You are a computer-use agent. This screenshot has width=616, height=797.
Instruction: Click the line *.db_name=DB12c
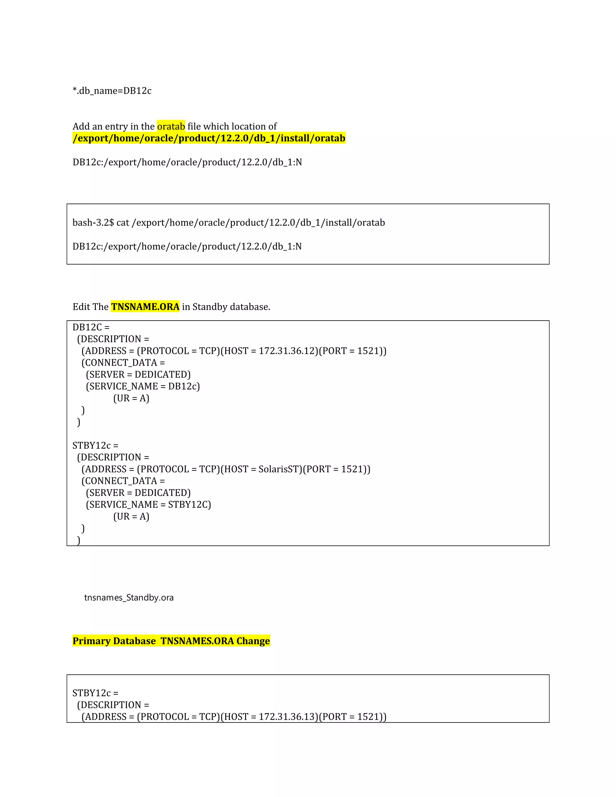pyautogui.click(x=112, y=91)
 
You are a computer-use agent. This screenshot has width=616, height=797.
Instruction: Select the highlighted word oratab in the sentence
pyautogui.click(x=171, y=126)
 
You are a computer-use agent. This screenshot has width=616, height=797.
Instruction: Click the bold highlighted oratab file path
pyautogui.click(x=209, y=138)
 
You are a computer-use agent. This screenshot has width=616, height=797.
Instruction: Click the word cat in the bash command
pyautogui.click(x=123, y=223)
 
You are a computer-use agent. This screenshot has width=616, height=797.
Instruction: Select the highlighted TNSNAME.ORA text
pyautogui.click(x=145, y=306)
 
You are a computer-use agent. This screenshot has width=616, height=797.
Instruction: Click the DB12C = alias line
pyautogui.click(x=91, y=327)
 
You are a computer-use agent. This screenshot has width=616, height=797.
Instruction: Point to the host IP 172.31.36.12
pyautogui.click(x=288, y=351)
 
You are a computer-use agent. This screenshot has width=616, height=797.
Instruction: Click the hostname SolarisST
pyautogui.click(x=280, y=469)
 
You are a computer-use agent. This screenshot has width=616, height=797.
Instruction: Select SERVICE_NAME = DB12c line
pyautogui.click(x=143, y=386)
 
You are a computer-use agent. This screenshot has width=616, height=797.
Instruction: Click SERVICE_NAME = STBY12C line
pyautogui.click(x=148, y=504)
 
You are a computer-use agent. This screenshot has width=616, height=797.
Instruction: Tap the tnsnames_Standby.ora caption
pyautogui.click(x=129, y=597)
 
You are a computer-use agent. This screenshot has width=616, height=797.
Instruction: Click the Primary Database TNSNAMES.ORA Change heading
pyautogui.click(x=171, y=641)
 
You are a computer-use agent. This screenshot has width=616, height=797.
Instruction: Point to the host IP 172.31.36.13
pyautogui.click(x=288, y=716)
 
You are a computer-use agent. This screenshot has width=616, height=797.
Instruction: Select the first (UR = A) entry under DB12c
pyautogui.click(x=131, y=398)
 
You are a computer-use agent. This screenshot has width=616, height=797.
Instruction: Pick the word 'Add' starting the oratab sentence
pyautogui.click(x=81, y=126)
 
